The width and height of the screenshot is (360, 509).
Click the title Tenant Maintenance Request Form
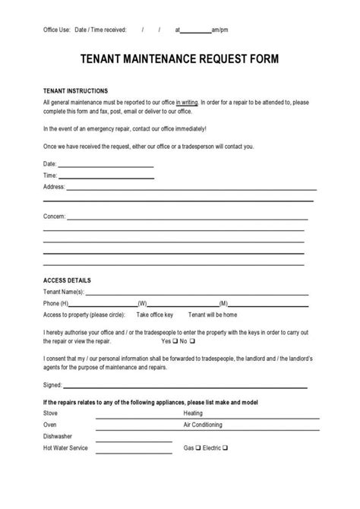click(x=179, y=58)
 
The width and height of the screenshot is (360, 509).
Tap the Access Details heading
click(x=66, y=280)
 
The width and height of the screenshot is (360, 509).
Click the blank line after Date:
click(x=106, y=164)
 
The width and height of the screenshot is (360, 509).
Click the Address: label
click(x=54, y=186)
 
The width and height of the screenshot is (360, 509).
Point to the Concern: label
click(x=55, y=216)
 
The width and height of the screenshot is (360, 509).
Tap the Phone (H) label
click(x=58, y=303)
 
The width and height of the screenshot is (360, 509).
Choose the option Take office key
click(x=155, y=315)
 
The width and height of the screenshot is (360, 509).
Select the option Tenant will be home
click(x=213, y=315)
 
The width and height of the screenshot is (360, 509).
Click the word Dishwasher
click(x=58, y=436)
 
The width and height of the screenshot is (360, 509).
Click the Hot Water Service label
click(x=66, y=448)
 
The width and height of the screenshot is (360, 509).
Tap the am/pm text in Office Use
click(x=220, y=30)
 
